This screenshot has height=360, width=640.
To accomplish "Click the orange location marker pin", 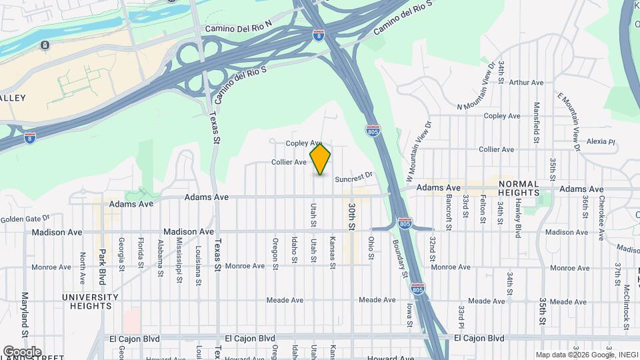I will pyautogui.click(x=320, y=159).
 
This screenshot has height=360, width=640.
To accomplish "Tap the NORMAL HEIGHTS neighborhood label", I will pyautogui.click(x=519, y=188).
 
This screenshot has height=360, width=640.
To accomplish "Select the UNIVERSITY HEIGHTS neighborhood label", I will pyautogui.click(x=87, y=301).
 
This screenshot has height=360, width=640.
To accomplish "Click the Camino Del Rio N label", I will pyautogui.click(x=239, y=28).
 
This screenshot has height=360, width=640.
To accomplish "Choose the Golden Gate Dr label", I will pyautogui.click(x=25, y=219).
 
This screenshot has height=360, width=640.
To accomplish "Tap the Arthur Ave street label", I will pyautogui.click(x=527, y=83).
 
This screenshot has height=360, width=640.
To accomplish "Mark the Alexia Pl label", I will pyautogui.click(x=601, y=141).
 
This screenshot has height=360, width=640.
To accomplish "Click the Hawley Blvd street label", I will pyautogui.click(x=518, y=221).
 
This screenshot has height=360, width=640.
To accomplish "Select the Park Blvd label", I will pyautogui.click(x=102, y=265).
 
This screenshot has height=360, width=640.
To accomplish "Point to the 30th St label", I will pyautogui.click(x=351, y=217).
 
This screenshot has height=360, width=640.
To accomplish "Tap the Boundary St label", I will pyautogui.click(x=403, y=259).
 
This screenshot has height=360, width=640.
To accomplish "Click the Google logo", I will pyautogui.click(x=21, y=352).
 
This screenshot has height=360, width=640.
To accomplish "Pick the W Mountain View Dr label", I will pyautogui.click(x=418, y=151).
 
